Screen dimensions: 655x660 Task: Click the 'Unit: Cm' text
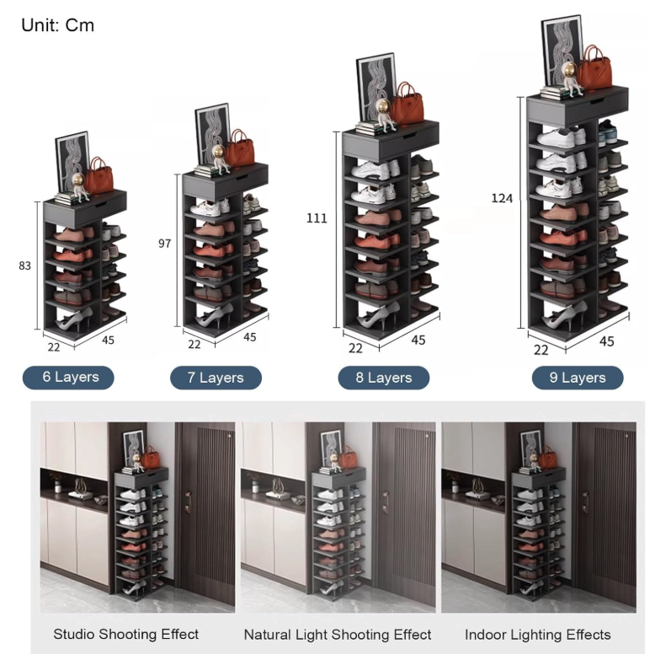click(57, 25)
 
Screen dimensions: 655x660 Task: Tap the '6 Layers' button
click(68, 377)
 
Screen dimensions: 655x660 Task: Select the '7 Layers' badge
click(216, 378)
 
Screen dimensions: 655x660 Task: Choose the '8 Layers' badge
click(384, 378)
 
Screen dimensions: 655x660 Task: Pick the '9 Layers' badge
click(578, 378)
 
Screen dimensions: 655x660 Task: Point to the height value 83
click(24, 266)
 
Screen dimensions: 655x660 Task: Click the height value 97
click(164, 244)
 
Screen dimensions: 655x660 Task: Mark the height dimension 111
click(317, 218)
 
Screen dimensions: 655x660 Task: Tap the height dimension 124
click(502, 198)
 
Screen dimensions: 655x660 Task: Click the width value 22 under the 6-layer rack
click(54, 347)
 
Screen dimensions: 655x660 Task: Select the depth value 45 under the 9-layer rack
click(606, 341)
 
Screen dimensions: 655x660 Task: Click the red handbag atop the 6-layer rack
click(99, 176)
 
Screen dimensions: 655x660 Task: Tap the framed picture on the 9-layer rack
click(562, 52)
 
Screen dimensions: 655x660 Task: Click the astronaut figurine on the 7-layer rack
click(220, 159)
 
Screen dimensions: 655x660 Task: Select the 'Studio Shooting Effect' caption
click(126, 634)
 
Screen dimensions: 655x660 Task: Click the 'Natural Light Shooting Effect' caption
click(338, 635)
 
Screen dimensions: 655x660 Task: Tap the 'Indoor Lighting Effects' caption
click(538, 635)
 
